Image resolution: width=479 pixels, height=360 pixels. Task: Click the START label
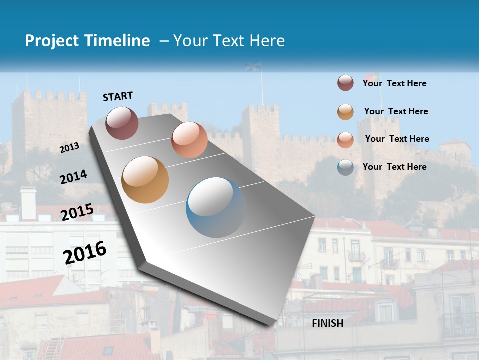point(118,96)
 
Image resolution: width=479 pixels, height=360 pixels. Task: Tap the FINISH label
point(328,323)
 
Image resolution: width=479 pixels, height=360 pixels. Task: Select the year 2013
point(70,148)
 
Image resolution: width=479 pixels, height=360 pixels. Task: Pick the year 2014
point(74,177)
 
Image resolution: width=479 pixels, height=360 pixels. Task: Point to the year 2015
point(77,212)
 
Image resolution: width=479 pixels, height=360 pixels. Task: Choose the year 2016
point(85,253)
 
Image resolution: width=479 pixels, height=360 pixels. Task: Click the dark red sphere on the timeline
point(122,123)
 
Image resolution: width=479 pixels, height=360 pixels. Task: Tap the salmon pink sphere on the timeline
point(189,140)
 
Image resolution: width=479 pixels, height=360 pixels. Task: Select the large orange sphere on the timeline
point(145,180)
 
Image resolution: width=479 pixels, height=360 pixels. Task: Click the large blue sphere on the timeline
point(216,207)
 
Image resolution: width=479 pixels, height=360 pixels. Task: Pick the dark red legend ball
point(345,83)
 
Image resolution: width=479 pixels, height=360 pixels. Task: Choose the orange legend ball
point(345,112)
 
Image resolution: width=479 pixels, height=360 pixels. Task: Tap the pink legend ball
point(345,140)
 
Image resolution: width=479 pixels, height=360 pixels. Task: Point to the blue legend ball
point(345,167)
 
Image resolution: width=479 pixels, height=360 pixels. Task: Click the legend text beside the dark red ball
point(394,83)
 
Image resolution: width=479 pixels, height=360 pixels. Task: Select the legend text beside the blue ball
point(394,167)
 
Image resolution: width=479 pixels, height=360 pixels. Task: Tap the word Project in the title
point(52,41)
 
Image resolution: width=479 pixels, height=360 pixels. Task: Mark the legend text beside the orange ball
point(396,111)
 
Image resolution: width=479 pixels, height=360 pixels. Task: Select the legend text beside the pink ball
point(397,139)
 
